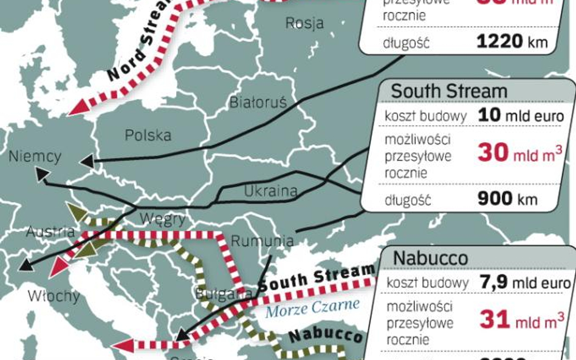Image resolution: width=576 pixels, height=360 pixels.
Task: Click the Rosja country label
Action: pos(304,24)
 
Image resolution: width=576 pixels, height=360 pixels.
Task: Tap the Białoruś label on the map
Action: pos(258,102)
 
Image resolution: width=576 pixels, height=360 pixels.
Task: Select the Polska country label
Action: pos(148,135)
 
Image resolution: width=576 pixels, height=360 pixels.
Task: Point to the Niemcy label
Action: pos(35,157)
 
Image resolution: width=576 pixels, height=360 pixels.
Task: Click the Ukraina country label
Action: pos(270,191)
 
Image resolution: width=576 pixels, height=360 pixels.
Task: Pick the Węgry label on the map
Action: pos(162,219)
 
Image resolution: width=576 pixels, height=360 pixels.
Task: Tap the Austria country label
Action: pos(50,231)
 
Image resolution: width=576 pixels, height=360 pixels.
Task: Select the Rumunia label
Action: pos(262,240)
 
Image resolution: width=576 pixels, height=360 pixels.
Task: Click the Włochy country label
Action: pos(53,296)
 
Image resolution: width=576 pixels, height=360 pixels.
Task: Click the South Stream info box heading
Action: pos(448,91)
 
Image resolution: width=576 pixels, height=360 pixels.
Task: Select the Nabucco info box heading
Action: pos(430,257)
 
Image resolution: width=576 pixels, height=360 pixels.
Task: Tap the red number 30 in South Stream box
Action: pos(492,153)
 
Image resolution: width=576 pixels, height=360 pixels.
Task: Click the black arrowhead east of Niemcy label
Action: pos(86,161)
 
